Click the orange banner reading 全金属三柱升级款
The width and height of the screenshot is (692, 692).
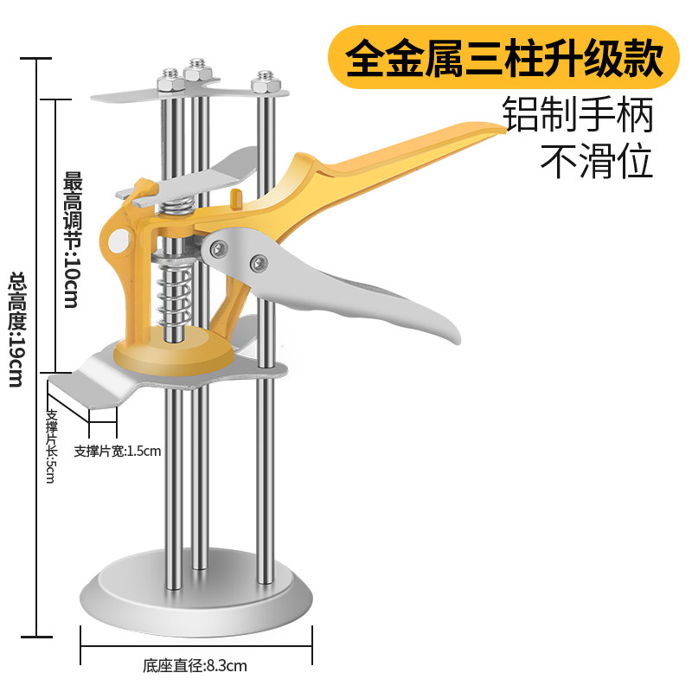[x=503, y=56]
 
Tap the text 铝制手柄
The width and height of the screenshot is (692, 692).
[x=579, y=115]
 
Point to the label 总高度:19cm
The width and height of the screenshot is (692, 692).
[x=16, y=330]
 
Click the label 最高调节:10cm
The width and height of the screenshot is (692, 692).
[x=71, y=240]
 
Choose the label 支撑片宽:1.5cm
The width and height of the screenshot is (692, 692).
[x=118, y=451]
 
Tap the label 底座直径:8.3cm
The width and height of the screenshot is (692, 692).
[x=195, y=666]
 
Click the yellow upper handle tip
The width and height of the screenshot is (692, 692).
[x=484, y=130]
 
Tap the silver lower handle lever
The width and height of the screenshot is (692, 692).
[x=381, y=294]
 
